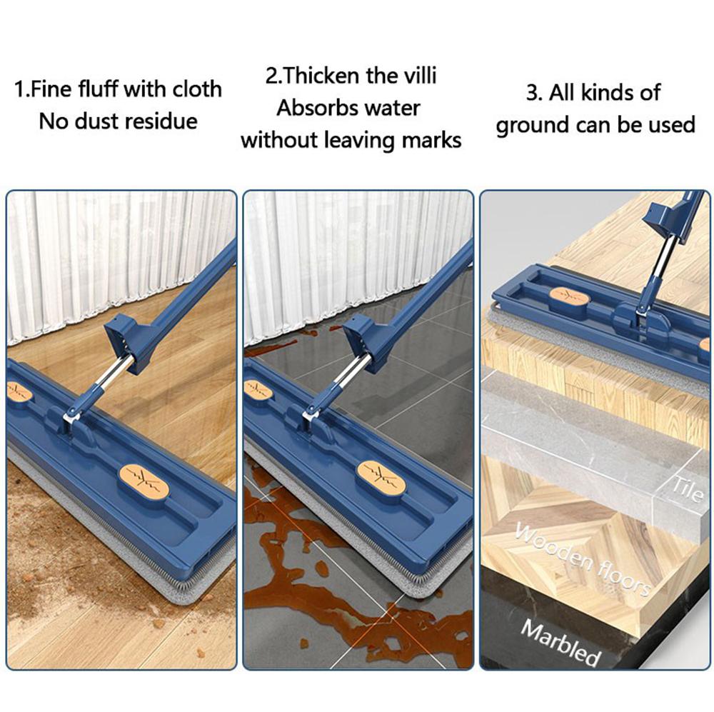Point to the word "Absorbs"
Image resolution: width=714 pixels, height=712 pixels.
coord(315,109)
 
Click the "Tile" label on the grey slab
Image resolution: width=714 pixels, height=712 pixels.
coord(688,488)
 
